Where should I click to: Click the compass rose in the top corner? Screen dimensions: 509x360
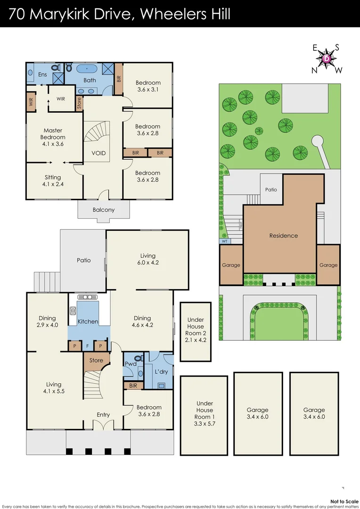tap(327, 59)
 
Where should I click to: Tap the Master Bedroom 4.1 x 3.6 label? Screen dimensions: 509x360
tap(53, 134)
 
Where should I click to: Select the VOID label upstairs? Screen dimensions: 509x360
tap(98, 153)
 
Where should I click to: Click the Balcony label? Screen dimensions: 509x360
tap(103, 210)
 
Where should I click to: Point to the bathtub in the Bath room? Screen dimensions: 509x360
tap(90, 69)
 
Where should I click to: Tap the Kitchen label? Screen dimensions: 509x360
tap(88, 321)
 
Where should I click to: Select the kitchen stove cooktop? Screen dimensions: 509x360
tap(74, 311)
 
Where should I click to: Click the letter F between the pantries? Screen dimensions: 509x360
tap(87, 346)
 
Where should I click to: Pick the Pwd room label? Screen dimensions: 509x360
tap(130, 363)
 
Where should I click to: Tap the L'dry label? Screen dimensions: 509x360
tap(161, 372)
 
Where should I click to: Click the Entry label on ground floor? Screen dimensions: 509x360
tap(103, 415)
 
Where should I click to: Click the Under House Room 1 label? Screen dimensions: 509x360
tap(205, 413)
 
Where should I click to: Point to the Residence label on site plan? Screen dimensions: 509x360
tap(283, 236)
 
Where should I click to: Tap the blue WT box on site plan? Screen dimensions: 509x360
tap(225, 241)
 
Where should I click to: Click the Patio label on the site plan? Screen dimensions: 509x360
tap(271, 189)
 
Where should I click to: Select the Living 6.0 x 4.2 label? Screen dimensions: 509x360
tap(147, 259)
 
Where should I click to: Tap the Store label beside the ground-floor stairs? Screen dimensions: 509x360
tap(96, 361)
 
